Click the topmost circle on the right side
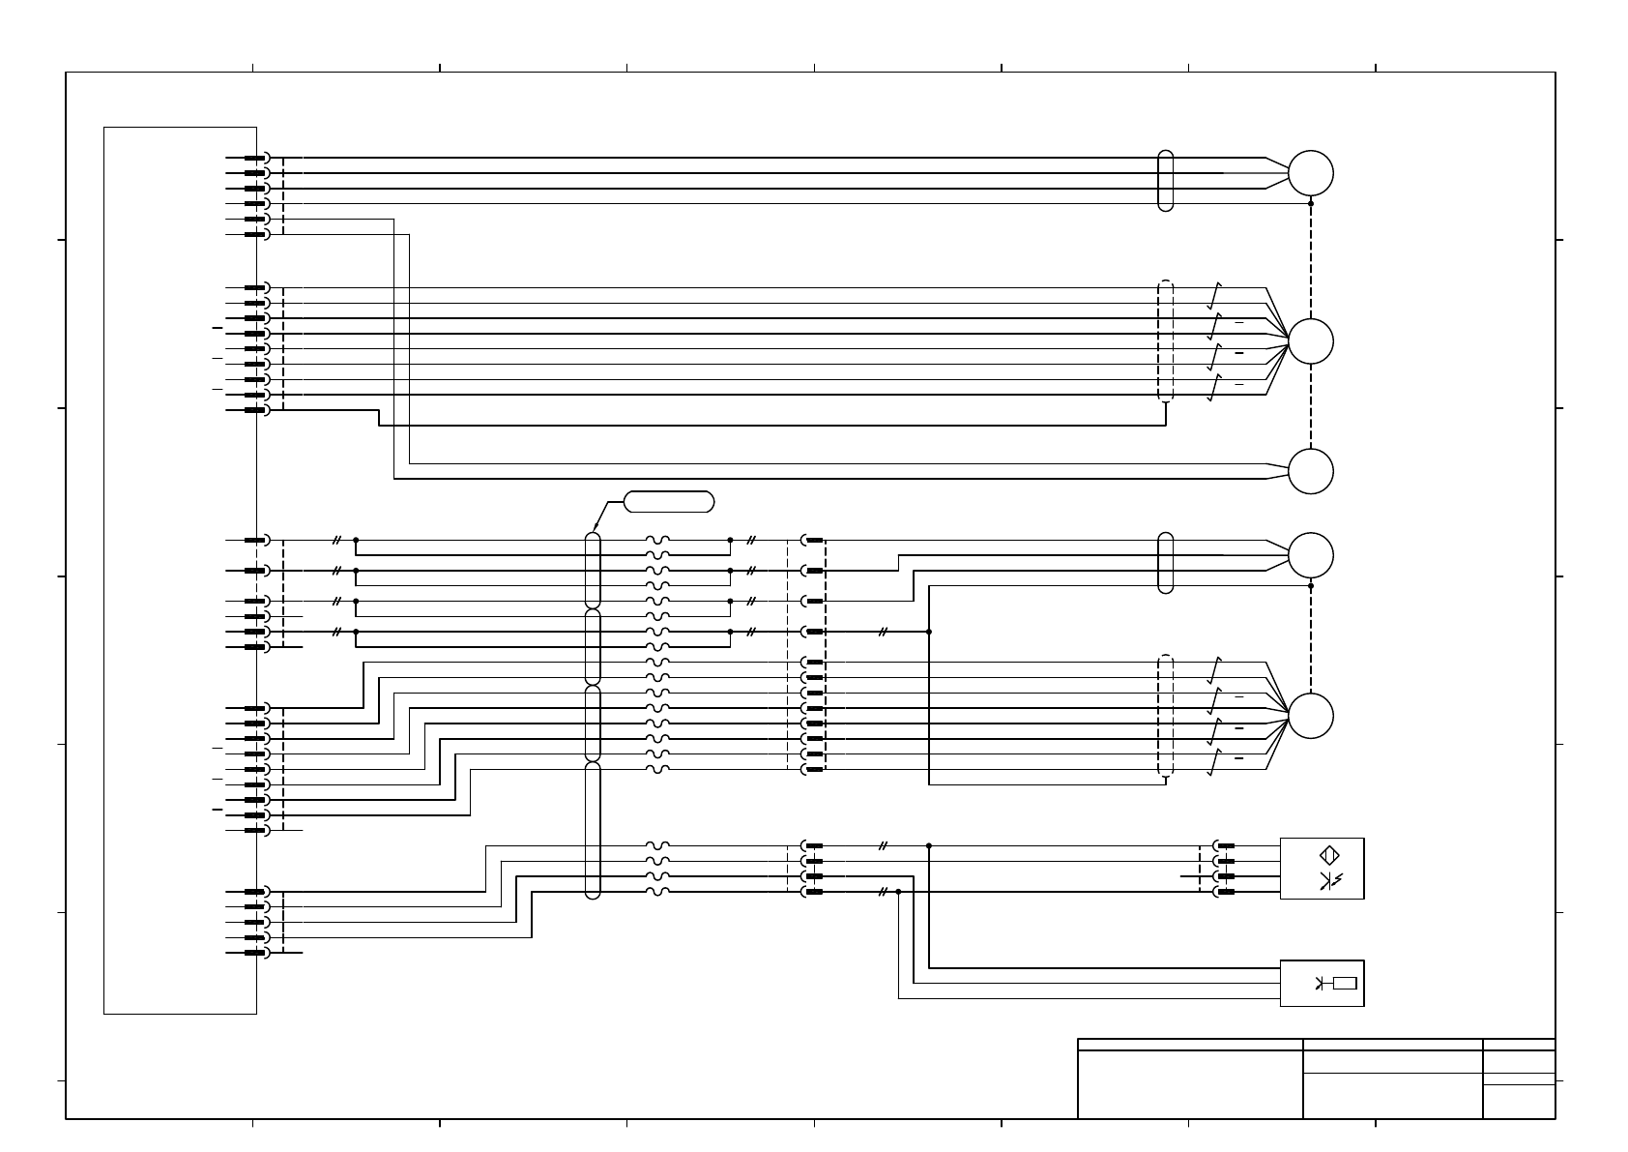tap(1310, 173)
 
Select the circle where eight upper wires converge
tap(1310, 340)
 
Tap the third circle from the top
tap(1310, 471)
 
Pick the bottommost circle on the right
tap(1310, 716)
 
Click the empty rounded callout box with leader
tap(669, 501)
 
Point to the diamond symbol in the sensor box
tap(1329, 855)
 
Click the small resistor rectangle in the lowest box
tap(1344, 984)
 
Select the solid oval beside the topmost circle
tap(1165, 181)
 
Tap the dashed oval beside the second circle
tap(1165, 340)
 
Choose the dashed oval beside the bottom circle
tap(1165, 716)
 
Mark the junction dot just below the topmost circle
tap(1310, 203)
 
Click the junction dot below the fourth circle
tap(1310, 586)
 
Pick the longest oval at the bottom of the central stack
tap(593, 830)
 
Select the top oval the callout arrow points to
tap(593, 570)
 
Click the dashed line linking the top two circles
tap(1310, 261)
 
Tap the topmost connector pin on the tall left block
tap(255, 158)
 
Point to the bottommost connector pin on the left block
tap(255, 953)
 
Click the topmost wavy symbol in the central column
tap(657, 540)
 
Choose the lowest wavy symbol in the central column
tap(657, 892)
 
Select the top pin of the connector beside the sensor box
tap(1225, 845)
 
